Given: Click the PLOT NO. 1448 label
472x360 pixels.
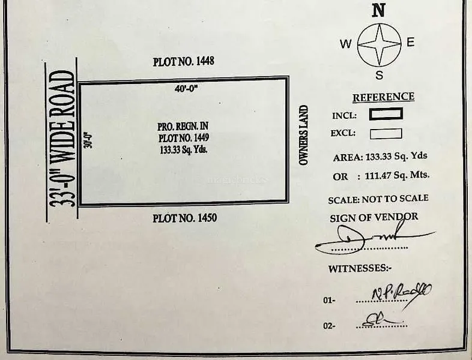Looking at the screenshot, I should pyautogui.click(x=184, y=61).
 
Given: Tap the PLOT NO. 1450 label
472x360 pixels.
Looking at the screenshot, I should pyautogui.click(x=184, y=218).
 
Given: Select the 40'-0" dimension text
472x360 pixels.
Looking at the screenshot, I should pyautogui.click(x=186, y=88).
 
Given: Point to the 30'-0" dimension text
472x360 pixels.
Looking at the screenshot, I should pyautogui.click(x=87, y=140).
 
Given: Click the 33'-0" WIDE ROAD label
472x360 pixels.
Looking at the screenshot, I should pyautogui.click(x=62, y=139).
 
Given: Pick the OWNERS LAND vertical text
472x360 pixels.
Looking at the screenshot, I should pyautogui.click(x=304, y=136).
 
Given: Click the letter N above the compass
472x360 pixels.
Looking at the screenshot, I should pyautogui.click(x=378, y=10).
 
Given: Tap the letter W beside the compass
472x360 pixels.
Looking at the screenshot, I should pyautogui.click(x=346, y=44).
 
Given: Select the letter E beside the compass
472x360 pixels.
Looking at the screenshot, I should pyautogui.click(x=411, y=42).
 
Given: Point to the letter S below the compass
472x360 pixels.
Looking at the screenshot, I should pyautogui.click(x=380, y=75).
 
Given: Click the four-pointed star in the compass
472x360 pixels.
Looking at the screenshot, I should pyautogui.click(x=379, y=44).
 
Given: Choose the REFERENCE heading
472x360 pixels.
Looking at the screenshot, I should pyautogui.click(x=383, y=97).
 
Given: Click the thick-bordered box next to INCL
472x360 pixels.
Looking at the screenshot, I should pyautogui.click(x=386, y=114).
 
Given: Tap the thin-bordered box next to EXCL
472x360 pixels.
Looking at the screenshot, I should pyautogui.click(x=386, y=133).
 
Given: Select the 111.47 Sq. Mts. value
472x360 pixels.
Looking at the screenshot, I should pyautogui.click(x=397, y=176).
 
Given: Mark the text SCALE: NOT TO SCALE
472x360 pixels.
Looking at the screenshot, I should pyautogui.click(x=378, y=199).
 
